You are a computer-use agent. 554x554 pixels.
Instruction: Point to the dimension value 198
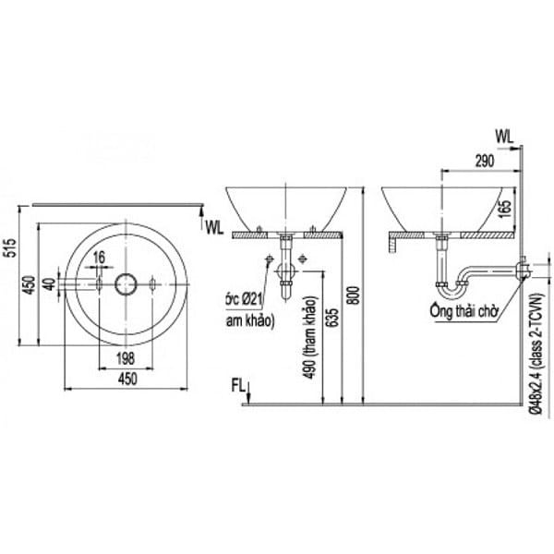125,357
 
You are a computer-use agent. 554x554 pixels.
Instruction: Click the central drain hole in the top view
125,283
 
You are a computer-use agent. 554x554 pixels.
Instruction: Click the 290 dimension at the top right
481,160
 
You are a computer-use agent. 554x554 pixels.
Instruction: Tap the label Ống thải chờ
464,311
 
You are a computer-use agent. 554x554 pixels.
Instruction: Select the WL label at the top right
506,135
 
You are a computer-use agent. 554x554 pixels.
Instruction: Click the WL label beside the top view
214,224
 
